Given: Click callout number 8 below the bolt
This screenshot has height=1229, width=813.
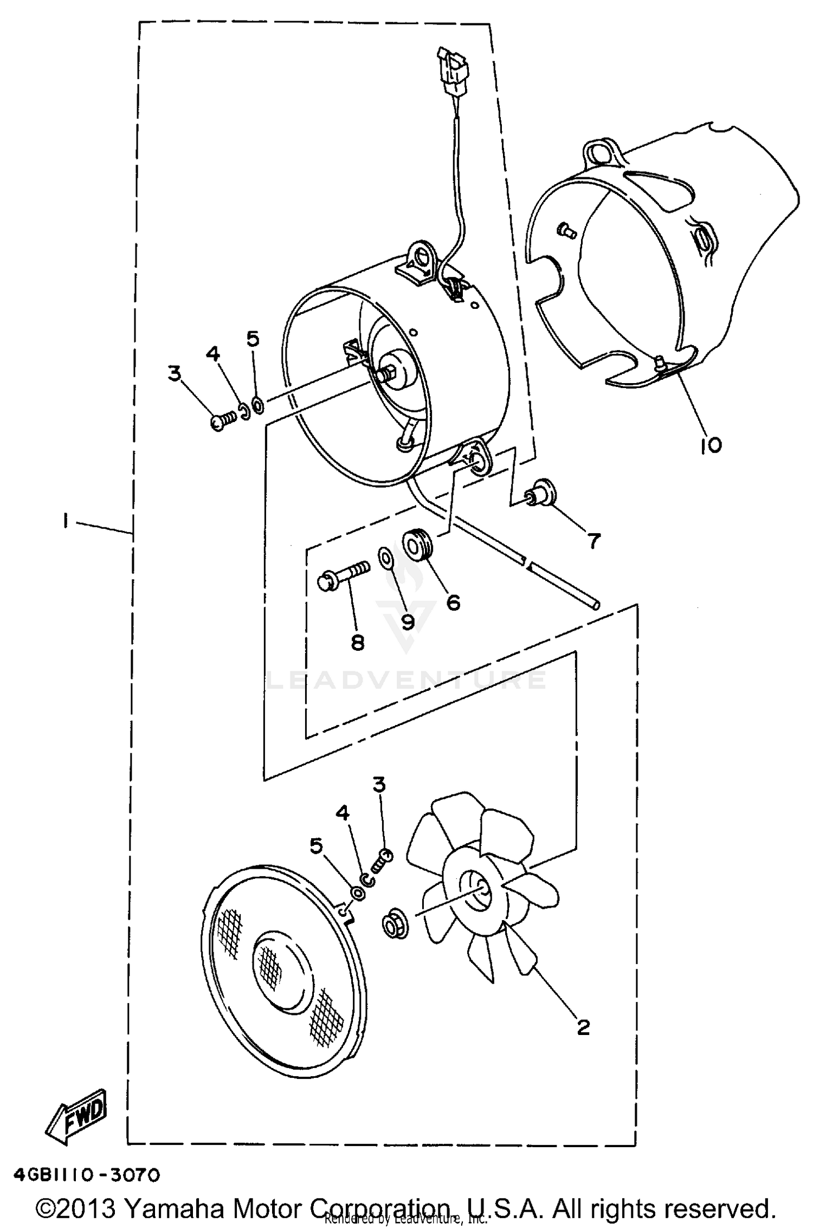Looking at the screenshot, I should (x=357, y=643).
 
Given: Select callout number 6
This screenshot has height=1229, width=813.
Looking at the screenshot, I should (x=453, y=601).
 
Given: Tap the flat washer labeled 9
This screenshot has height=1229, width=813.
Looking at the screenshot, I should (x=385, y=555).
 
